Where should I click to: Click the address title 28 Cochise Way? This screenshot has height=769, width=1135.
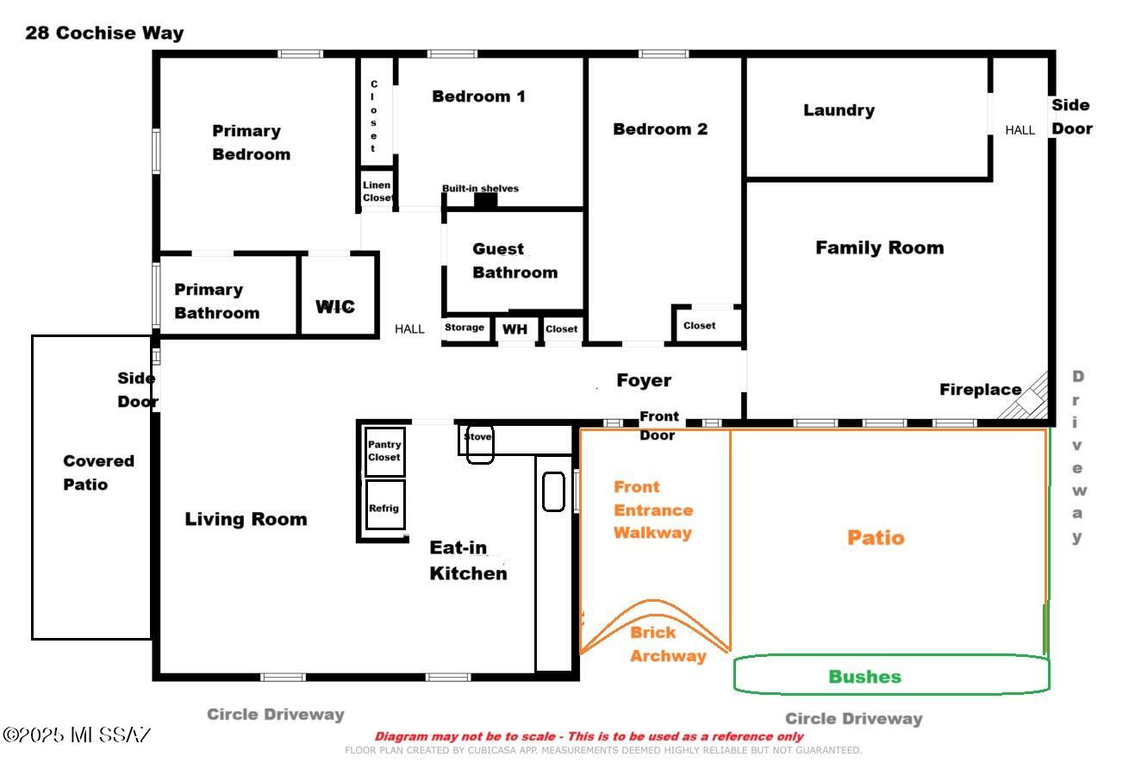click(104, 33)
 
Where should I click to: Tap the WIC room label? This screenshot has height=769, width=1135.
click(335, 307)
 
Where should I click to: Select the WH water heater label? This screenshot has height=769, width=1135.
click(514, 329)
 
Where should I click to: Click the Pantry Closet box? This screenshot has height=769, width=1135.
click(385, 451)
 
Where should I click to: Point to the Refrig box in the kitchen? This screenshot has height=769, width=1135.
click(385, 505)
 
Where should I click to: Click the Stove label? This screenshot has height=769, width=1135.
click(477, 436)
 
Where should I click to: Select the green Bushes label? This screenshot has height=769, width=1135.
click(865, 677)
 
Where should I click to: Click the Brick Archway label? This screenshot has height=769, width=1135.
click(668, 644)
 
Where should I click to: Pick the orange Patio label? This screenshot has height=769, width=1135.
click(876, 537)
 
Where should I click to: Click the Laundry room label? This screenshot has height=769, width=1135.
click(839, 110)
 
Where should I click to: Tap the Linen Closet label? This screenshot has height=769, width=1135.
click(377, 191)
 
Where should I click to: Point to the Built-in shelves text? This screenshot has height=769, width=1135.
click(480, 189)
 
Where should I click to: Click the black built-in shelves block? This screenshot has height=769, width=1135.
click(485, 201)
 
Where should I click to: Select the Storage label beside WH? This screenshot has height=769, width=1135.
click(465, 328)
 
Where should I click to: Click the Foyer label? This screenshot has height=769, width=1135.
click(644, 380)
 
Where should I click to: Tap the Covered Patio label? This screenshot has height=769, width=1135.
click(98, 472)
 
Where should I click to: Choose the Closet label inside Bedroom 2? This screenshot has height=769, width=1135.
click(699, 325)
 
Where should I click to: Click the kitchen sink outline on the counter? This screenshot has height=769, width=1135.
click(553, 491)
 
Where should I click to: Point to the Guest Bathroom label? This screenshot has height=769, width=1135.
click(514, 260)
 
